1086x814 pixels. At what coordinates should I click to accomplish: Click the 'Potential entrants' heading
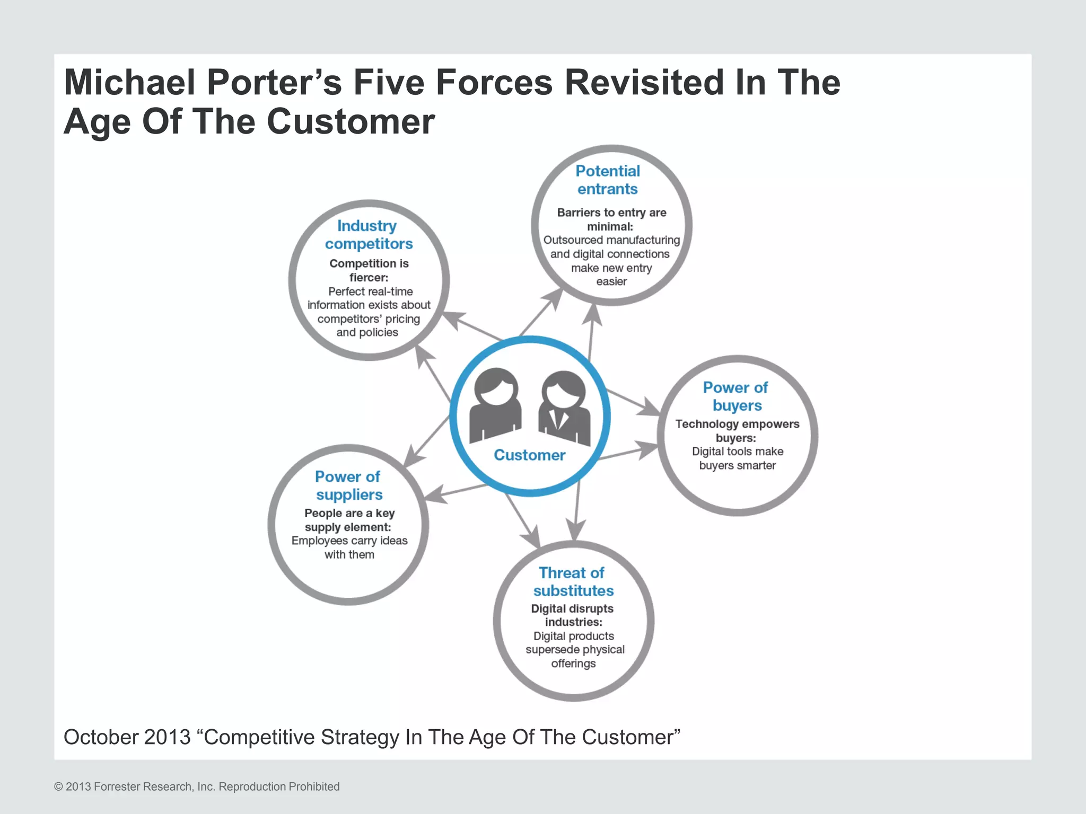coord(608,180)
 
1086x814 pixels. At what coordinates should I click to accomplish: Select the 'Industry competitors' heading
coord(369,235)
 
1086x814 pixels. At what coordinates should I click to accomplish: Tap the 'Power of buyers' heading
coord(736,396)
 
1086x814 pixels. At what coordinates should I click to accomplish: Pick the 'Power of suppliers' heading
coord(348,485)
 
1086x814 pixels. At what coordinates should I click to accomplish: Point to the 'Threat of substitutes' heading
coord(573,581)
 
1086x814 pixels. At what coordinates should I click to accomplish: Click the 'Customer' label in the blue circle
coord(529,455)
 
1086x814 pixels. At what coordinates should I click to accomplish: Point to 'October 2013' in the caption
coord(127,737)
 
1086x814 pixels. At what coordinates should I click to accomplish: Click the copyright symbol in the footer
coord(58,787)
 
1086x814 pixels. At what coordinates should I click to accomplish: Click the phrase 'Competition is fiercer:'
coord(369,270)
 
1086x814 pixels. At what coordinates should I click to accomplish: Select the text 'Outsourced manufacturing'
coord(611,240)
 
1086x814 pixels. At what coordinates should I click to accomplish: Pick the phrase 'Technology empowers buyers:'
coord(737,431)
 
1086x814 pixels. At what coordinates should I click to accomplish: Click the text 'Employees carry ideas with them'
coord(349,547)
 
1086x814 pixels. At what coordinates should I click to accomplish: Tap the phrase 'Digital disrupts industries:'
coord(573,615)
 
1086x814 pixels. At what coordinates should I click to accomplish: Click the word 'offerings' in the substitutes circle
coord(573,663)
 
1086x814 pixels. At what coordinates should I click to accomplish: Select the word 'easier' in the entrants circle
coord(611,281)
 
